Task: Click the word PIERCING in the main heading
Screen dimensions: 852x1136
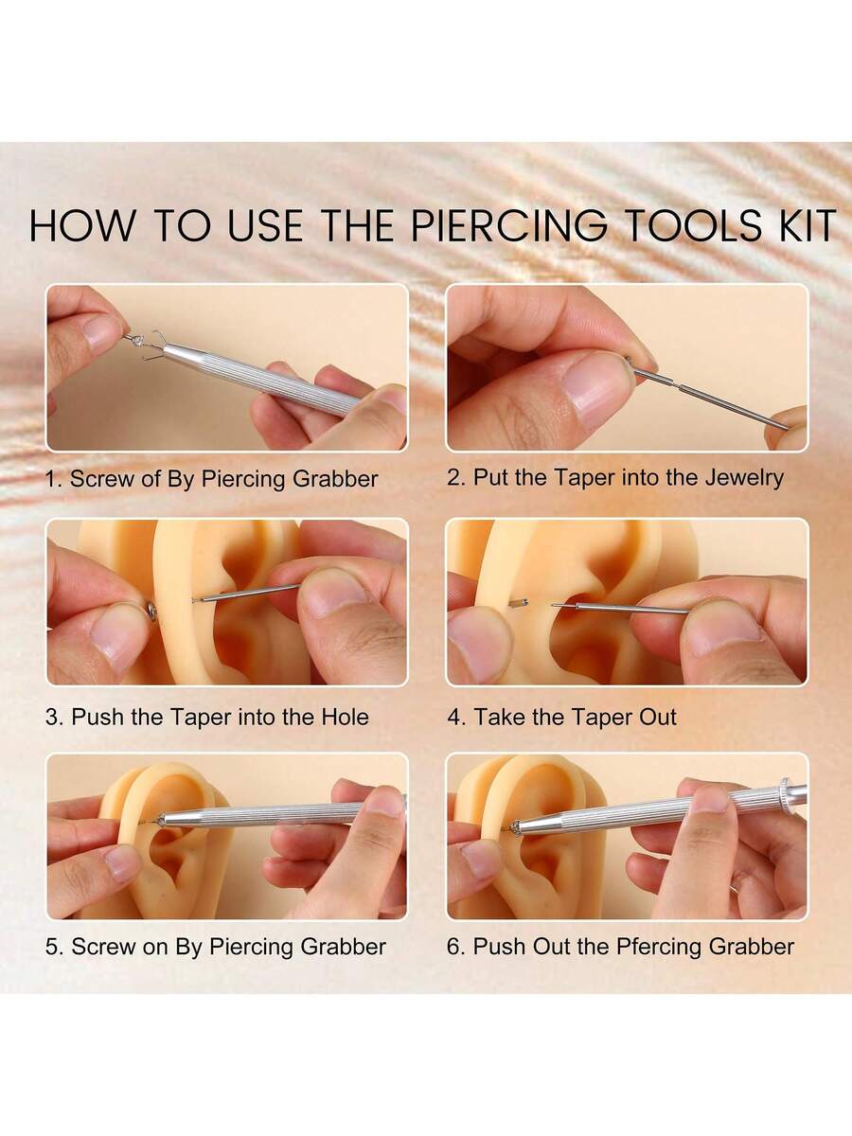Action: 509,225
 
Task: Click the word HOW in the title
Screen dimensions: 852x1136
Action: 80,225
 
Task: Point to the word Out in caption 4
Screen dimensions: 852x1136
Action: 658,717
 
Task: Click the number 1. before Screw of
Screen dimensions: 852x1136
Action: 54,479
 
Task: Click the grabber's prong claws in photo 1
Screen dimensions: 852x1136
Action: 154,346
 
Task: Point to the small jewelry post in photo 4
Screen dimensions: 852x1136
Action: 519,603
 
